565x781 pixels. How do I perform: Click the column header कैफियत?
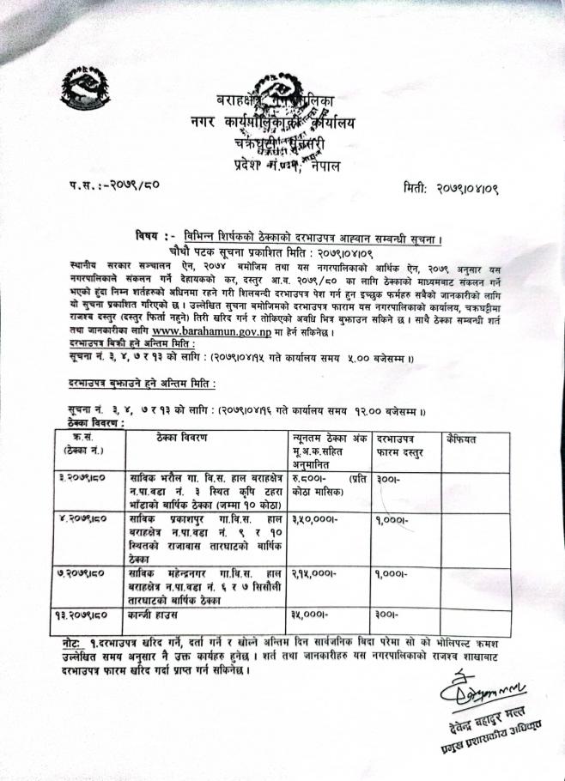(466, 439)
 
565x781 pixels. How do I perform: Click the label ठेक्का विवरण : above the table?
(95, 423)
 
